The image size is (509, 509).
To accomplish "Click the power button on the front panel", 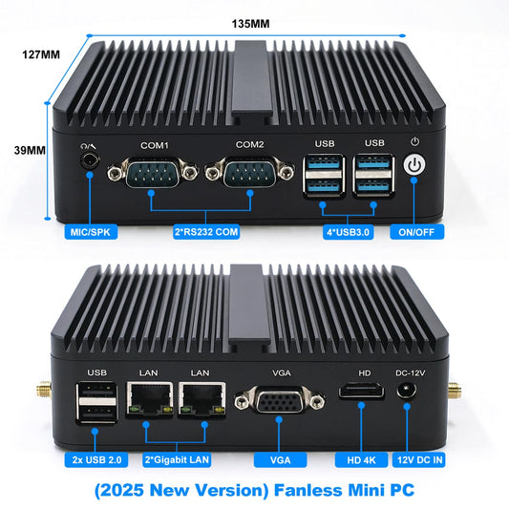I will (414, 165).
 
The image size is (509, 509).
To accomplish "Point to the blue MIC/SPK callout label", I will (90, 232).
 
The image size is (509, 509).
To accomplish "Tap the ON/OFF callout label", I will (413, 232).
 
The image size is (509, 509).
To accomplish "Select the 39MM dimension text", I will (30, 150).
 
